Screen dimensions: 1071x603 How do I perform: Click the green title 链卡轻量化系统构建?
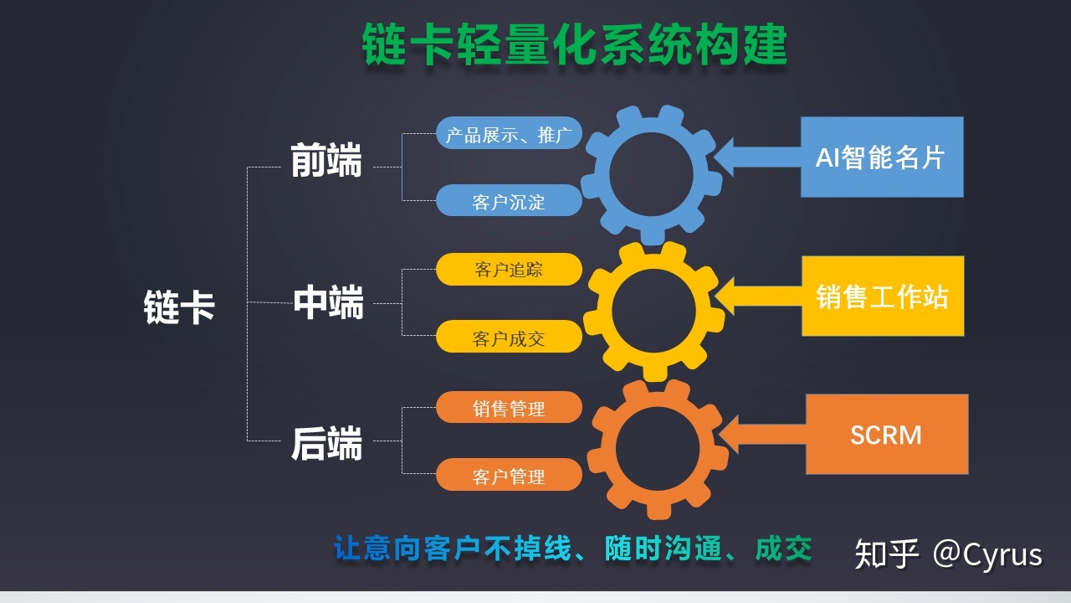click(574, 44)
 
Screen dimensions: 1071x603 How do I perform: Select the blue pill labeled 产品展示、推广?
click(509, 133)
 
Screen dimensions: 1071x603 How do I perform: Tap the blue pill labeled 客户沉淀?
click(509, 200)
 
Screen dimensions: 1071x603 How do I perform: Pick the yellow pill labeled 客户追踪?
click(509, 270)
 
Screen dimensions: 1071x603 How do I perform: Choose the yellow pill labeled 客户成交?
click(509, 337)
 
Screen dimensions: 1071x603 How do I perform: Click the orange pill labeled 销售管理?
click(509, 407)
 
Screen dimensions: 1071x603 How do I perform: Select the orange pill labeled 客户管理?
click(509, 475)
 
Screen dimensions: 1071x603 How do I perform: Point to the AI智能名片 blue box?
click(882, 157)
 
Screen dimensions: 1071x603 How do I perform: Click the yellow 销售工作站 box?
click(883, 296)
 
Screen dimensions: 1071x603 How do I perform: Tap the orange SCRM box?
click(887, 434)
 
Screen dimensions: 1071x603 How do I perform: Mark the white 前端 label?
click(326, 160)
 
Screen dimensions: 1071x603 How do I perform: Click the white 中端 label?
click(328, 302)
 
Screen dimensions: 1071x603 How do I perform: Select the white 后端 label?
click(326, 444)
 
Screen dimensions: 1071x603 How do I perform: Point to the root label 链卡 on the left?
click(179, 307)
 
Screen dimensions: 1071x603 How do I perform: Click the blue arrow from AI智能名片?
click(757, 157)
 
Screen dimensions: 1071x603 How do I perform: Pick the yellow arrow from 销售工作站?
click(758, 296)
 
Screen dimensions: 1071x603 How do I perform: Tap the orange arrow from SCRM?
click(762, 434)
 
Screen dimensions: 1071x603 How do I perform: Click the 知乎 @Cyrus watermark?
click(948, 554)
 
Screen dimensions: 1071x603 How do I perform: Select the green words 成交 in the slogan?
click(784, 548)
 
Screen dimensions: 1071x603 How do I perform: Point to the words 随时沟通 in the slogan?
click(663, 548)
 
